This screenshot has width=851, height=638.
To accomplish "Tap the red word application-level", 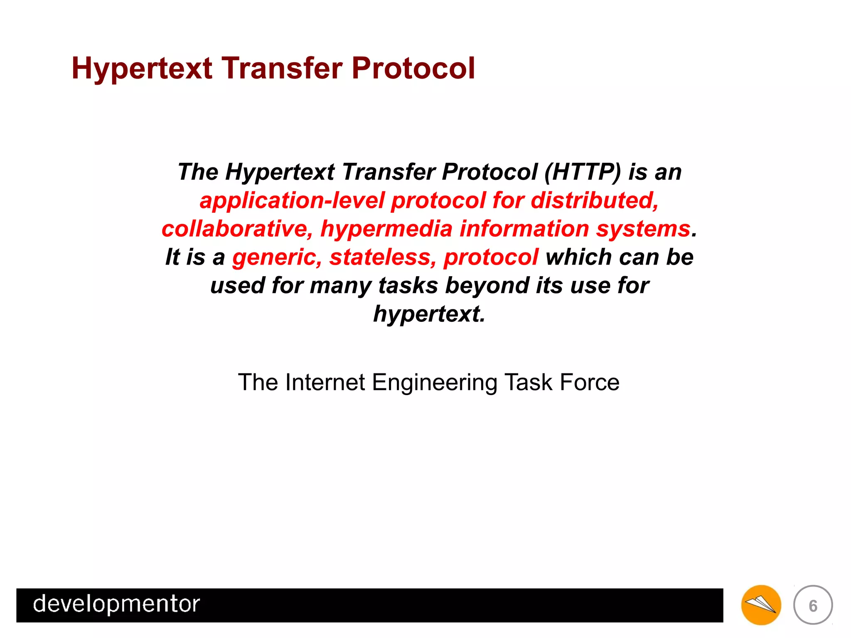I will coord(292,200).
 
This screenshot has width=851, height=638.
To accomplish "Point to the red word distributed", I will coord(594,200).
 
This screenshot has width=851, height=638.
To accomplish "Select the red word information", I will coord(524,229).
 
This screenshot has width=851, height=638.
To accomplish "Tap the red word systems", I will coord(643,229).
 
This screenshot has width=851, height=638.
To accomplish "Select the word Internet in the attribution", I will coord(325,382).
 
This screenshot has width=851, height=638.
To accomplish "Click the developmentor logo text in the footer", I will coord(116,604).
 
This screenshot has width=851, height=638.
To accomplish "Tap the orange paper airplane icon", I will coord(761,605).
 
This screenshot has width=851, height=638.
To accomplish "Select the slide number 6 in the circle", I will coord(813,606).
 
